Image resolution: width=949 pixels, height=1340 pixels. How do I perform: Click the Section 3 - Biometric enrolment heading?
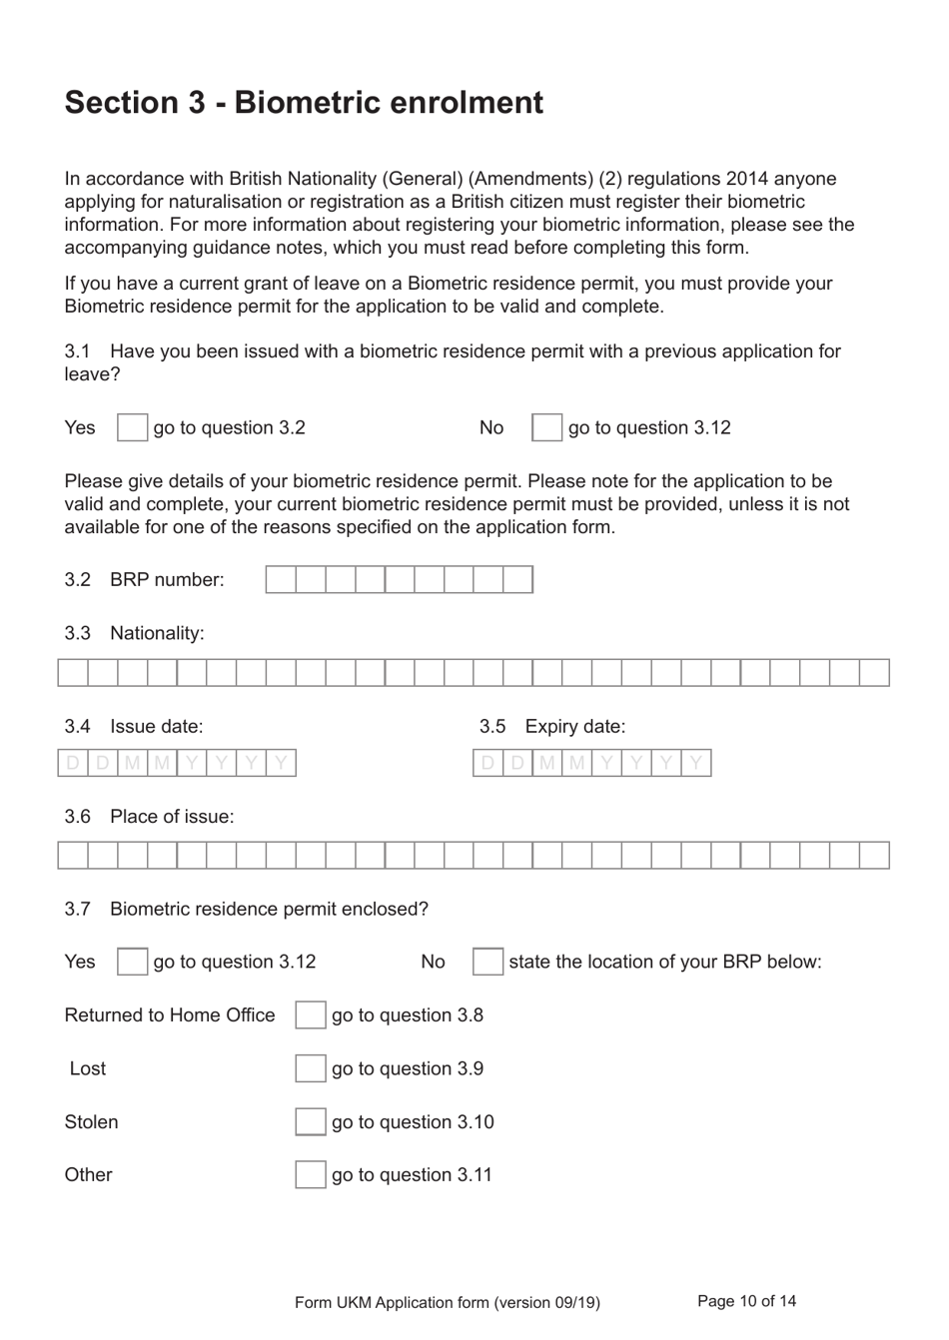click(x=304, y=103)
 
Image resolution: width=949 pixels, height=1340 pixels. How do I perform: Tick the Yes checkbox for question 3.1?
click(x=132, y=427)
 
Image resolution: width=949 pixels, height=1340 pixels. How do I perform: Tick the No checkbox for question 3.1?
click(x=546, y=427)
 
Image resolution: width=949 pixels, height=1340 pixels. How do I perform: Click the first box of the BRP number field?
click(x=281, y=579)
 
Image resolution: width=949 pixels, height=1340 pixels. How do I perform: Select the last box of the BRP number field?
click(x=517, y=579)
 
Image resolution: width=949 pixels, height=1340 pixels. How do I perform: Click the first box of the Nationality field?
click(x=73, y=672)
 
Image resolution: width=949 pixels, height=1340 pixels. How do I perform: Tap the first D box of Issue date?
click(x=73, y=764)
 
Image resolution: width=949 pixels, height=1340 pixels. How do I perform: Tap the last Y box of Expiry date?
click(x=696, y=764)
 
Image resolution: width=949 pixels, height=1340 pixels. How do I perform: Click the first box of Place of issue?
click(x=73, y=855)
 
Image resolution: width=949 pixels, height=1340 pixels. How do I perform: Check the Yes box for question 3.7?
click(x=132, y=962)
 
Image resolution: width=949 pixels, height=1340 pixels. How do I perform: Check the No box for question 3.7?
click(x=487, y=962)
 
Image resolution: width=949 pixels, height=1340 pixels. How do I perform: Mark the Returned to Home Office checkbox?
click(x=310, y=1015)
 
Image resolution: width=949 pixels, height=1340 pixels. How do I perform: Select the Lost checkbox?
click(x=310, y=1068)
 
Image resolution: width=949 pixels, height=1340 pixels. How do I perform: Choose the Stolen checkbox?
click(x=310, y=1122)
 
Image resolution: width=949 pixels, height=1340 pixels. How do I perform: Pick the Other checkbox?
click(x=310, y=1174)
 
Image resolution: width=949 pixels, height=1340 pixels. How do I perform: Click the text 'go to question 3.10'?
click(x=413, y=1122)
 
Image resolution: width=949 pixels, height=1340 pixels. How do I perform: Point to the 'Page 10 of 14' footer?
click(x=746, y=1301)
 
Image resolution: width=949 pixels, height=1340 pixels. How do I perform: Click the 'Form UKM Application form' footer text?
click(x=447, y=1302)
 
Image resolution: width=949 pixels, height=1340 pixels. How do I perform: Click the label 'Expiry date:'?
click(x=574, y=727)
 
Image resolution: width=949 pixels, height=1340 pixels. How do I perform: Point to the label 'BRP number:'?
click(x=167, y=580)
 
